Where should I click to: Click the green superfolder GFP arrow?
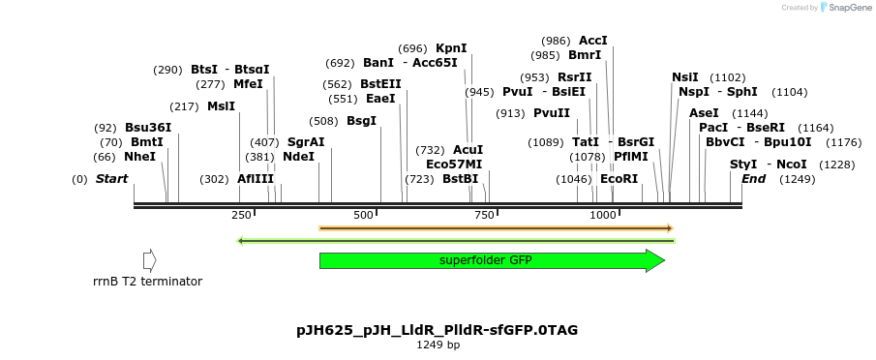[492, 260]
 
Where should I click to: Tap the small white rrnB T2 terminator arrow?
[149, 260]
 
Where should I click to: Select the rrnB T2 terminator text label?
[147, 282]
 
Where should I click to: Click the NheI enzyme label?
[139, 157]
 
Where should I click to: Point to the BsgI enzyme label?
[361, 121]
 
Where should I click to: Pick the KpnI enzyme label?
[451, 47]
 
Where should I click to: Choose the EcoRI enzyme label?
[619, 179]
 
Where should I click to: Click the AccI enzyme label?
[592, 41]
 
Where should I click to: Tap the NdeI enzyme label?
[298, 157]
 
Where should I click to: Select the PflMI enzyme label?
[630, 156]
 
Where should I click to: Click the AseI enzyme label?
[704, 113]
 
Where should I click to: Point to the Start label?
[111, 179]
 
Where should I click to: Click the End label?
[753, 179]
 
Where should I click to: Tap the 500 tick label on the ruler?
[364, 215]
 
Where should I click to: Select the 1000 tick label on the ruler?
[602, 215]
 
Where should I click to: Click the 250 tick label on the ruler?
[242, 215]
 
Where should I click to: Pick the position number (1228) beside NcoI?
[836, 165]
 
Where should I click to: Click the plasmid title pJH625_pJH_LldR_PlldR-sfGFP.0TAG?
[438, 330]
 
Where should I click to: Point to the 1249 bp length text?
[438, 345]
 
